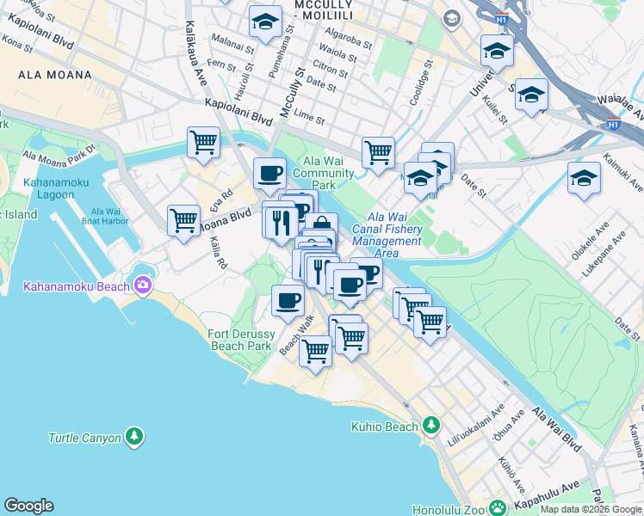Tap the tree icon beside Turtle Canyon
point(133,438)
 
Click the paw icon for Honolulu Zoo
point(498,508)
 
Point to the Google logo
point(28,506)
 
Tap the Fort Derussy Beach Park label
point(240,340)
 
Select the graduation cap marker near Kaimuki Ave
point(584,178)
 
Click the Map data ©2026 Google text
point(591,509)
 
